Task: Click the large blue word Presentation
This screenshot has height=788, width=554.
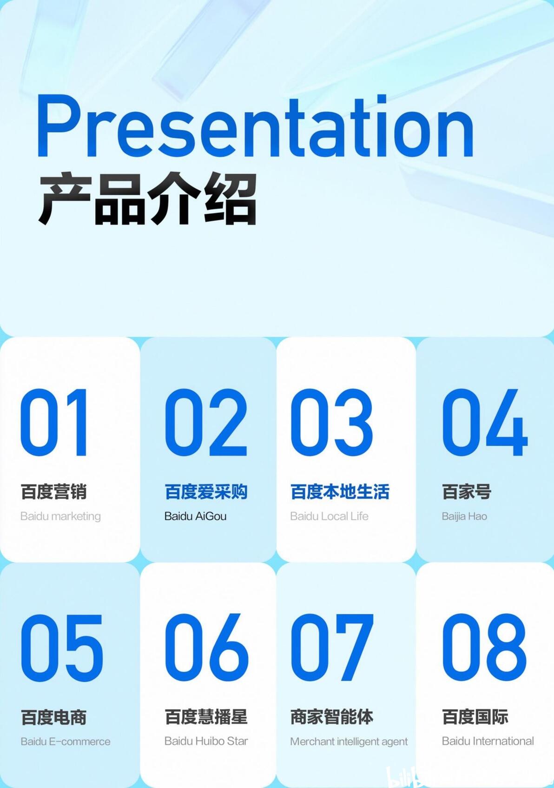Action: [x=255, y=126]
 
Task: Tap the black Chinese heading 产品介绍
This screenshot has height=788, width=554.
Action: [x=147, y=199]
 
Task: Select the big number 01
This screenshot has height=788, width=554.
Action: [x=53, y=422]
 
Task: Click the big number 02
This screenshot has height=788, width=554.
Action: [x=206, y=422]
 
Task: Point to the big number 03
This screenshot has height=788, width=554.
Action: [x=331, y=422]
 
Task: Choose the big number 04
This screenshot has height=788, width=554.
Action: [x=485, y=422]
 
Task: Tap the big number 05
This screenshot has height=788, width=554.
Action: [x=62, y=648]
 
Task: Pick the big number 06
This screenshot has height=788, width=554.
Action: [x=206, y=648]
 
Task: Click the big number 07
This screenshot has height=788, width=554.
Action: [x=332, y=648]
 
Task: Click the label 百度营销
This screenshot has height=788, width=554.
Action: [x=53, y=491]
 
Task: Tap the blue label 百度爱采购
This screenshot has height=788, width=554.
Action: [x=206, y=491]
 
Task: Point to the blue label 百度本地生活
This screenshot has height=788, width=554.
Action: [x=340, y=491]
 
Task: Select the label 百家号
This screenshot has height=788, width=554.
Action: [x=467, y=491]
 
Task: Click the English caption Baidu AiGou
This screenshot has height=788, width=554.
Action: [x=195, y=517]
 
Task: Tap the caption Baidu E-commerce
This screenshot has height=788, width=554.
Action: [x=66, y=742]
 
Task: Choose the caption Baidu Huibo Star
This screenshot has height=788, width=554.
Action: [x=206, y=741]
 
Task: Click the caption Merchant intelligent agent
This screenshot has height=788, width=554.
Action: [x=349, y=742]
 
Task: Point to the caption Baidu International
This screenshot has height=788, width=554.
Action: [x=488, y=741]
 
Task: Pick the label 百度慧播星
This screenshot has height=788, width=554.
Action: [x=206, y=717]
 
